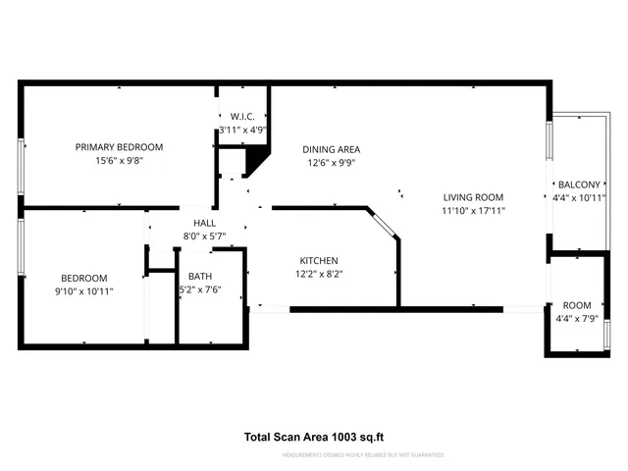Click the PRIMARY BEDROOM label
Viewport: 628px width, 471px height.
click(119, 147)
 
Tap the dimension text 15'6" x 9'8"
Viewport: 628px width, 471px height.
click(119, 161)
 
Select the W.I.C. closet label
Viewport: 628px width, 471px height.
click(243, 116)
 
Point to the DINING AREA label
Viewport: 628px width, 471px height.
click(332, 149)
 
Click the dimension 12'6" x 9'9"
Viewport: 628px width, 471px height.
click(332, 163)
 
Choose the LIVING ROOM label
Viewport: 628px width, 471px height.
click(473, 196)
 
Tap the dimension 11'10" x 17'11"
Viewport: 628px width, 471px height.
click(473, 210)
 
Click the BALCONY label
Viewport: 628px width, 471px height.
click(579, 184)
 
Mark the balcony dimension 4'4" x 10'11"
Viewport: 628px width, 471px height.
click(579, 197)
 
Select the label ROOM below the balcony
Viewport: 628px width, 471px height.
click(577, 305)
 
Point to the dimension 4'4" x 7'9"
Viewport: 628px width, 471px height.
click(577, 318)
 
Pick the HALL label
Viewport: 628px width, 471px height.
click(204, 223)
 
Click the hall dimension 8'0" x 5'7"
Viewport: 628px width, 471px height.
click(204, 235)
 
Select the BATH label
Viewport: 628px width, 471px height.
click(200, 277)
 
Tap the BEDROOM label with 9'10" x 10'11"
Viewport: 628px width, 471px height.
click(83, 278)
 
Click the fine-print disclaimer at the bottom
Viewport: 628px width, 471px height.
click(363, 455)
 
